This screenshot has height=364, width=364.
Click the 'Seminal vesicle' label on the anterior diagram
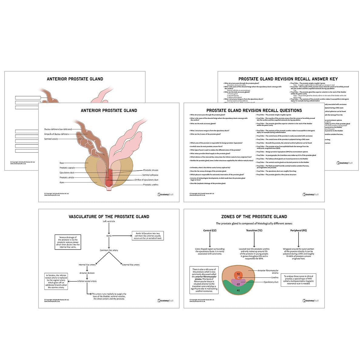51,139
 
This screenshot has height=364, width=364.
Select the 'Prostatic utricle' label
67,177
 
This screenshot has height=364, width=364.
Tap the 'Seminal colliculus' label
150,175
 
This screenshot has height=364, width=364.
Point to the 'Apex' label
62,182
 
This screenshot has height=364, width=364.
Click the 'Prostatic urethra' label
151,185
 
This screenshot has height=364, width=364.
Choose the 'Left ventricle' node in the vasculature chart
109,221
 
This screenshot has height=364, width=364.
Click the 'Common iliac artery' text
109,250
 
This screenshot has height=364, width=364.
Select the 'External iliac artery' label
131,265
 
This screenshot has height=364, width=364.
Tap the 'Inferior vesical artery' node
87,281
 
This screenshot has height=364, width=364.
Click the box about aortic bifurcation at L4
147,236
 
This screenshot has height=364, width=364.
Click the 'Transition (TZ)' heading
254,231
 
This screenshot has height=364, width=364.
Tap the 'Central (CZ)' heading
210,231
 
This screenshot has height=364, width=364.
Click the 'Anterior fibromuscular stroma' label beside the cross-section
268,271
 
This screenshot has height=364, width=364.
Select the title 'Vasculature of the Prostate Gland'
109,217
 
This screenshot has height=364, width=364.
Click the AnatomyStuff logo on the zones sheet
310,301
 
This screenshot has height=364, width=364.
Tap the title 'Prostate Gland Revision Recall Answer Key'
288,79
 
